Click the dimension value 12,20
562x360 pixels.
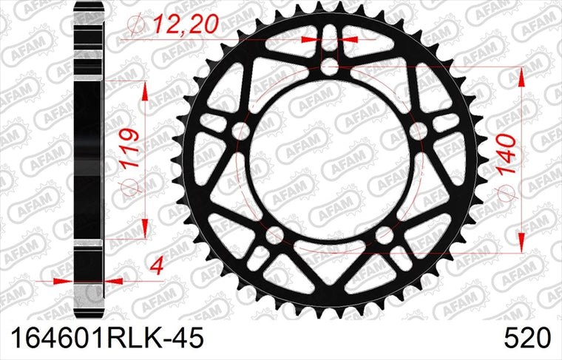click(186, 24)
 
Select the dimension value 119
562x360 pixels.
click(129, 149)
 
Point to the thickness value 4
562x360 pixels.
click(158, 267)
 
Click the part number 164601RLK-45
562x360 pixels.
click(107, 337)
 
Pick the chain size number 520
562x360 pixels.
click(527, 337)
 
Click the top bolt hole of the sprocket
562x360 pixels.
click(329, 67)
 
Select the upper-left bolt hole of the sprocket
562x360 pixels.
click(240, 131)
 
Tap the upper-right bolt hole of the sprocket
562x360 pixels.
click(418, 131)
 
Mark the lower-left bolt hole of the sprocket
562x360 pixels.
click(274, 235)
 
